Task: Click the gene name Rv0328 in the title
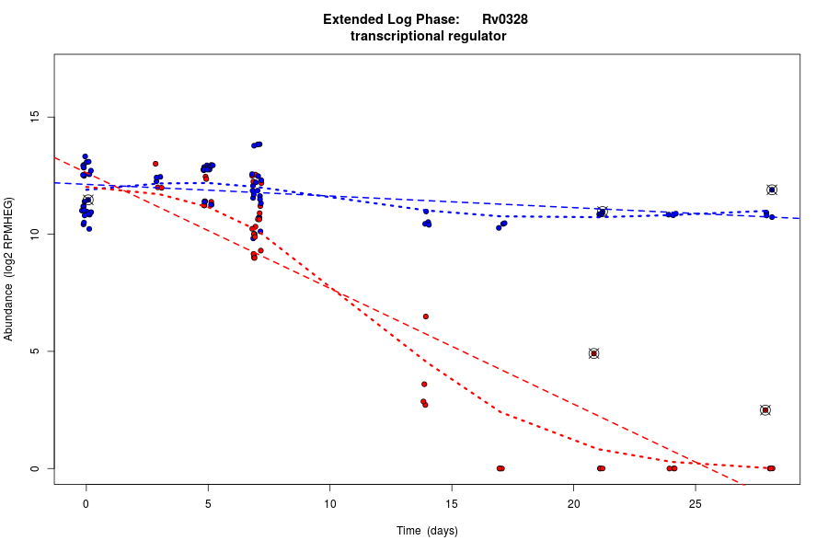click(x=504, y=19)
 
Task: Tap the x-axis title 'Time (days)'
click(x=427, y=531)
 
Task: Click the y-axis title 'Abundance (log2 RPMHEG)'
click(x=9, y=269)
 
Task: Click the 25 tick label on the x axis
click(x=696, y=503)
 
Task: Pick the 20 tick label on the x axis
click(x=573, y=503)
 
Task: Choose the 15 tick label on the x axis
click(x=452, y=503)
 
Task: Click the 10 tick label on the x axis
click(x=329, y=503)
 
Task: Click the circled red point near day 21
click(x=594, y=353)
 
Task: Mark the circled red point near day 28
click(x=765, y=409)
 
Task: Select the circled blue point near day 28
click(x=772, y=190)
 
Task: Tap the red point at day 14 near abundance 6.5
click(x=426, y=316)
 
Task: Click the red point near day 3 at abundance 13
click(x=155, y=164)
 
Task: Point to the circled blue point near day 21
click(x=603, y=212)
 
